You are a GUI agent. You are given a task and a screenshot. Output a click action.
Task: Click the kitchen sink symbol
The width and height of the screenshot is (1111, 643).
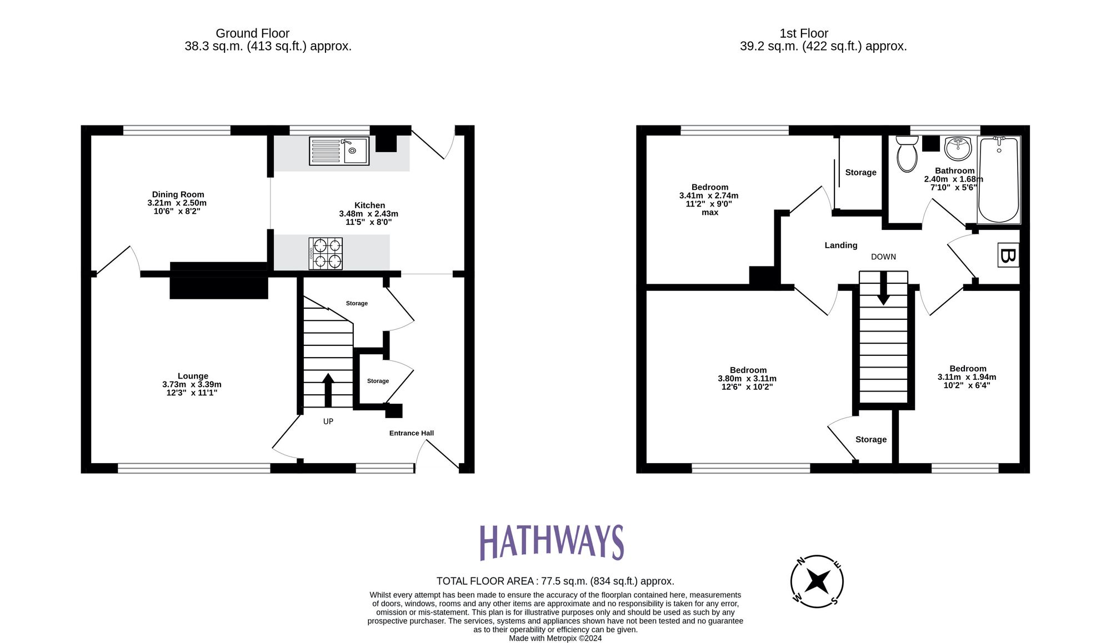coord(339,151)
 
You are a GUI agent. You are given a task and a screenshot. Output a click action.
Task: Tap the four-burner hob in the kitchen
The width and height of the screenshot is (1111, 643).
coord(326,254)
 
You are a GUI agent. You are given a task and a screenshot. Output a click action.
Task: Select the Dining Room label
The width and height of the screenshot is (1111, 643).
coord(178,194)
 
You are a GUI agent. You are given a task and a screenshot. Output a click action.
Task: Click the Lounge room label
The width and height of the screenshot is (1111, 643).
coord(193,376)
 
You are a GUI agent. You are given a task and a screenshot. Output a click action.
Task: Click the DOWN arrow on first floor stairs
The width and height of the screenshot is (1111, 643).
coord(883,289)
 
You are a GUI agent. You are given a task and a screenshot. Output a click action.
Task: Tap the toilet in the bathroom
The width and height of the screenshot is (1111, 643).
coord(907,154)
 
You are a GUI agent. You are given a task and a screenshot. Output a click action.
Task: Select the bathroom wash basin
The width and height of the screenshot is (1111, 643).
coord(958,148)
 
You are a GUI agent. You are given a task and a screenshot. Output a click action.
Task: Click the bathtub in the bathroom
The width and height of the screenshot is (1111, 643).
coord(998,179)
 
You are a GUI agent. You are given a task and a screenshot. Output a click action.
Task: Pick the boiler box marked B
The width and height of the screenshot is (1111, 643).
coord(1008,255)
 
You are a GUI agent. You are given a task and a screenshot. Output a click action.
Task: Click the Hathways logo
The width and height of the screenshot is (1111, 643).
coord(552,542)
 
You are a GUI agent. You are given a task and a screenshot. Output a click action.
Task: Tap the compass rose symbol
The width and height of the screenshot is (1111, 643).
coord(817,581)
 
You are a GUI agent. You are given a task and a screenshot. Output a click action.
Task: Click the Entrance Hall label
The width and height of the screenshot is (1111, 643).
coord(411,433)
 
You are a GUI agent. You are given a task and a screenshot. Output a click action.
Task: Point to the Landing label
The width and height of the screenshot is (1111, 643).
coord(840,245)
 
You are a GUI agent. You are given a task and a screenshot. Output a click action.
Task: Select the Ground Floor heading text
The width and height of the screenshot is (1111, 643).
coord(252,33)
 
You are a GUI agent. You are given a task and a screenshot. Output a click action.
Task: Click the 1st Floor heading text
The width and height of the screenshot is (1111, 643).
coord(803,33)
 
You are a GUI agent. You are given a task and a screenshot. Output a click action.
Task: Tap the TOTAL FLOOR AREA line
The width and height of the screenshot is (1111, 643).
coord(555,581)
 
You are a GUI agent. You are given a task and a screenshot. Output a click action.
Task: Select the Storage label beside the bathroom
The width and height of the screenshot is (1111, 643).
coord(860,173)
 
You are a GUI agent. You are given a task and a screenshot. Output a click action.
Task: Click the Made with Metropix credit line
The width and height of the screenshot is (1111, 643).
coord(555,639)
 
